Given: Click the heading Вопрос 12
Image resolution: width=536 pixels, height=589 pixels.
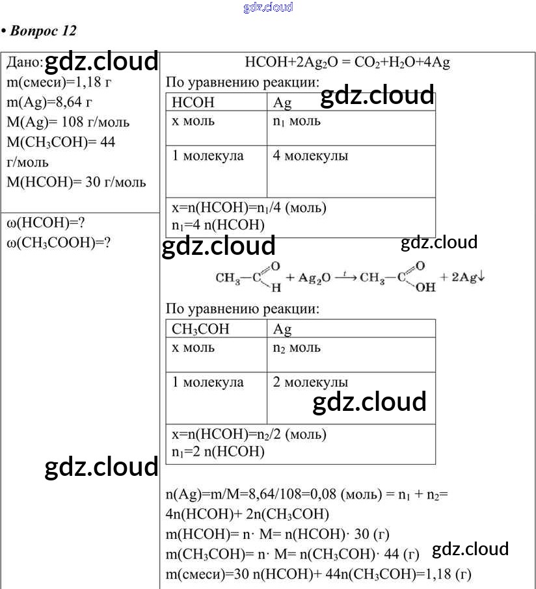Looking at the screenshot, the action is tap(42, 31).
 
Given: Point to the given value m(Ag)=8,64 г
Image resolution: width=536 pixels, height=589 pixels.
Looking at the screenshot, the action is tap(49, 102).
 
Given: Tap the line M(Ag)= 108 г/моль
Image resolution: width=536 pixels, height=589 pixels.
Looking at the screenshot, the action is tap(68, 122).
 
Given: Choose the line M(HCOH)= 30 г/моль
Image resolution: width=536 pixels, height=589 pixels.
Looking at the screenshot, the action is tap(76, 182).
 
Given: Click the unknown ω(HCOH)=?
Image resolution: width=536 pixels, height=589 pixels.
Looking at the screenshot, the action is tap(46, 223).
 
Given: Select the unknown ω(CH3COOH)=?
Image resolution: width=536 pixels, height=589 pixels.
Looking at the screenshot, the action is tap(58, 242).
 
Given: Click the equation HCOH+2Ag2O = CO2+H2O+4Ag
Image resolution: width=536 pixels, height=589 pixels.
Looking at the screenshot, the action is tap(347, 63).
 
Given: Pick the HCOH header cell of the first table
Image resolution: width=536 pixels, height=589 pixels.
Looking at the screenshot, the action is tap(193, 103).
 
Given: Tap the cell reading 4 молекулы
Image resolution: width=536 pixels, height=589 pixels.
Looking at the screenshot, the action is tap(310, 156).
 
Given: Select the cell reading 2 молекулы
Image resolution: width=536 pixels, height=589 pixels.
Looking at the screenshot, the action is tap(310, 382).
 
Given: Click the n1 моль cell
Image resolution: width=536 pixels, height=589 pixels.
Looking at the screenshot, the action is tap(297, 122).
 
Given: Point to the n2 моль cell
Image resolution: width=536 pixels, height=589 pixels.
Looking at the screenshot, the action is tap(297, 348).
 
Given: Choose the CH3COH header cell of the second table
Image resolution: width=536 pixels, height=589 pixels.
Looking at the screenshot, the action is tap(200, 329).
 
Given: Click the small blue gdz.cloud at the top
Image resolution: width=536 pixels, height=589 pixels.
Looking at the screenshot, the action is tap(268, 7).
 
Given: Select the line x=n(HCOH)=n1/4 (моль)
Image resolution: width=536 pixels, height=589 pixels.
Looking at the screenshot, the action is tap(249, 208).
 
